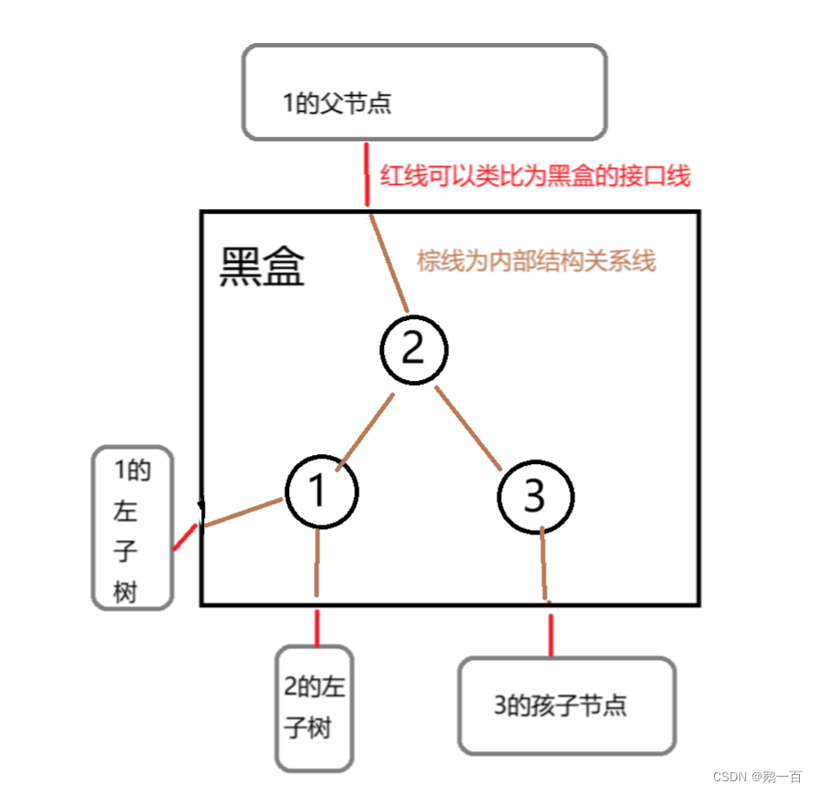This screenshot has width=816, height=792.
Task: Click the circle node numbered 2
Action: pyautogui.click(x=412, y=349)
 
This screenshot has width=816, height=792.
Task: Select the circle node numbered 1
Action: pyautogui.click(x=321, y=491)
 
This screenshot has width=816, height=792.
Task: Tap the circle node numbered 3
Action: pyautogui.click(x=534, y=496)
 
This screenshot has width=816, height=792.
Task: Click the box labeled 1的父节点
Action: pyautogui.click(x=424, y=93)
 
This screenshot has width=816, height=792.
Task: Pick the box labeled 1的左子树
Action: pyautogui.click(x=132, y=528)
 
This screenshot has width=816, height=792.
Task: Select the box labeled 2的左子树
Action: pyautogui.click(x=314, y=707)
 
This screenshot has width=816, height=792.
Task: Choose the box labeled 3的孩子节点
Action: pyautogui.click(x=565, y=705)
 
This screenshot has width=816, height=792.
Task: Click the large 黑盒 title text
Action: pyautogui.click(x=262, y=266)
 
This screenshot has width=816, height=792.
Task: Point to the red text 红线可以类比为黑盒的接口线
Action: pyautogui.click(x=535, y=176)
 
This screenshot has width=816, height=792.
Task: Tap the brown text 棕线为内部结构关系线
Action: pyautogui.click(x=536, y=261)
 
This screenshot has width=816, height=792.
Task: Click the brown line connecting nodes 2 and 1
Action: pyautogui.click(x=364, y=432)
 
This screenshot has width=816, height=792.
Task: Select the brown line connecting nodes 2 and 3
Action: pyautogui.click(x=468, y=428)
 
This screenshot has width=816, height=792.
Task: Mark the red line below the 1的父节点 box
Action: pyautogui.click(x=366, y=174)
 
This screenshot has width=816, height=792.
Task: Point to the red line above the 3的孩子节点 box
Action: pyautogui.click(x=550, y=635)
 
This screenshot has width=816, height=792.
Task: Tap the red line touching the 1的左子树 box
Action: pyautogui.click(x=185, y=536)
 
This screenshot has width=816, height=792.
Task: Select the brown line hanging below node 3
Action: pyautogui.click(x=544, y=563)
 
